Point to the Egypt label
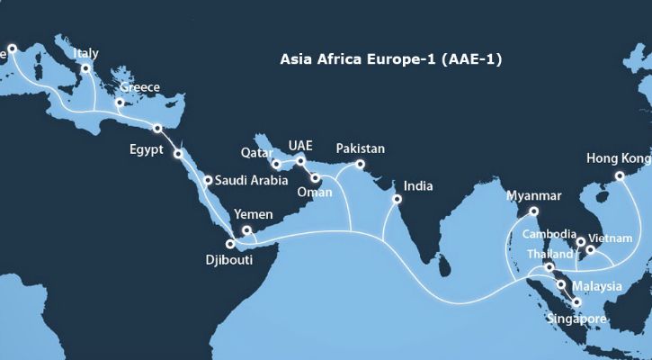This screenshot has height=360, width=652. click(146, 150)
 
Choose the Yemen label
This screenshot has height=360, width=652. click(251, 215)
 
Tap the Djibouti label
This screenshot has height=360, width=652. click(228, 261)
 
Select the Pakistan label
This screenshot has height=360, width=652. click(361, 148)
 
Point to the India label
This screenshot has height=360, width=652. click(418, 186)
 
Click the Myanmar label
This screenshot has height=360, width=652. click(534, 196)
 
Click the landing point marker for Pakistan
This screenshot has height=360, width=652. click(359, 164)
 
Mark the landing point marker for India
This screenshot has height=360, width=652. click(397, 199)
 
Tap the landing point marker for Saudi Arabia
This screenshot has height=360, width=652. click(208, 181)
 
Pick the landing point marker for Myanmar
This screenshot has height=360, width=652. click(534, 212)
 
